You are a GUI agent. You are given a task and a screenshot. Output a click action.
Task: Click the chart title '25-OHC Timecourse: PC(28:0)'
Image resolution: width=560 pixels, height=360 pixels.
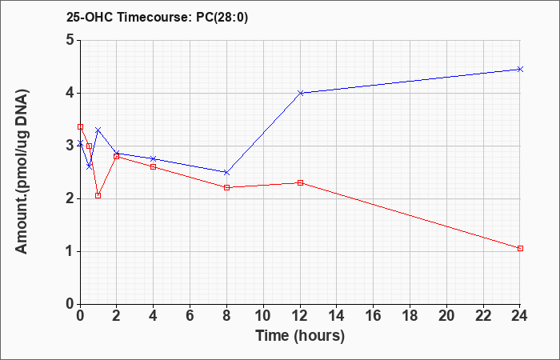(157, 18)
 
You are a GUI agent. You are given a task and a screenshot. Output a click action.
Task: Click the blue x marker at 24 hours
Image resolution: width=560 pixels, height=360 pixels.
(520, 70)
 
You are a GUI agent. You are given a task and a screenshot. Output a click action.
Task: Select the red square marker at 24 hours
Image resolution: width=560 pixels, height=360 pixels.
(520, 248)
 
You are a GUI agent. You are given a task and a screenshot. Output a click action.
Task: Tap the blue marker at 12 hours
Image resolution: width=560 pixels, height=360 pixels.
(300, 93)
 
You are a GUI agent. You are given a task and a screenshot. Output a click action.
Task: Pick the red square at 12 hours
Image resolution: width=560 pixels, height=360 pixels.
(300, 183)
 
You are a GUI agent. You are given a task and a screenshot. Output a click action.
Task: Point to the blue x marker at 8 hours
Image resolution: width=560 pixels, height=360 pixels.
(226, 173)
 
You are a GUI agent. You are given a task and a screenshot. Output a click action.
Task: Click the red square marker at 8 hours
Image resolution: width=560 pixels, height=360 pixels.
(226, 187)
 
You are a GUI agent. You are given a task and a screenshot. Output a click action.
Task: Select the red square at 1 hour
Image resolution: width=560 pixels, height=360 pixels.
(98, 196)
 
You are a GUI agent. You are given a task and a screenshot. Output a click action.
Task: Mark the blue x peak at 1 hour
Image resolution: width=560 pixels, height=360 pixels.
(98, 130)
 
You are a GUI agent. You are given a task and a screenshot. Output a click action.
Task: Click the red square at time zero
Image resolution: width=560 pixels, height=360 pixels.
(80, 126)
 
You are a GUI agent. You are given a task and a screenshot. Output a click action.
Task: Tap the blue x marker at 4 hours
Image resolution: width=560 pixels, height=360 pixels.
(154, 158)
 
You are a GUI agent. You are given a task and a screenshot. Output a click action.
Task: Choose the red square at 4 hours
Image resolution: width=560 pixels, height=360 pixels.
(154, 166)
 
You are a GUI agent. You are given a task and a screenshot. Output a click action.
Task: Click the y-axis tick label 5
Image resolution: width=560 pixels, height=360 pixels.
(70, 40)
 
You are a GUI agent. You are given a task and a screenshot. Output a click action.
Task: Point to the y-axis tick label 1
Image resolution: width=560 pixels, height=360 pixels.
(70, 251)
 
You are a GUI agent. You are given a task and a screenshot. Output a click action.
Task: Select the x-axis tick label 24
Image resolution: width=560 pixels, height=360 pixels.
(519, 316)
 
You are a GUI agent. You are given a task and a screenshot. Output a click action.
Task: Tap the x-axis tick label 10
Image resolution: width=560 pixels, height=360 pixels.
(263, 316)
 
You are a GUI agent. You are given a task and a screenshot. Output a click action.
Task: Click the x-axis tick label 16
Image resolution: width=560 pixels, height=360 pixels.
(374, 316)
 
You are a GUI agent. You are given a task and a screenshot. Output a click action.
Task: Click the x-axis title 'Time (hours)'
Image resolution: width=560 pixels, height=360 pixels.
(300, 336)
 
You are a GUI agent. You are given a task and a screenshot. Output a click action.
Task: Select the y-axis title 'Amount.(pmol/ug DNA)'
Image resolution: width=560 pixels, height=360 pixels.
(22, 172)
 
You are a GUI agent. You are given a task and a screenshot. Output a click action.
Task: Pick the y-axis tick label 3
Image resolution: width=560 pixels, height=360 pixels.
(70, 146)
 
